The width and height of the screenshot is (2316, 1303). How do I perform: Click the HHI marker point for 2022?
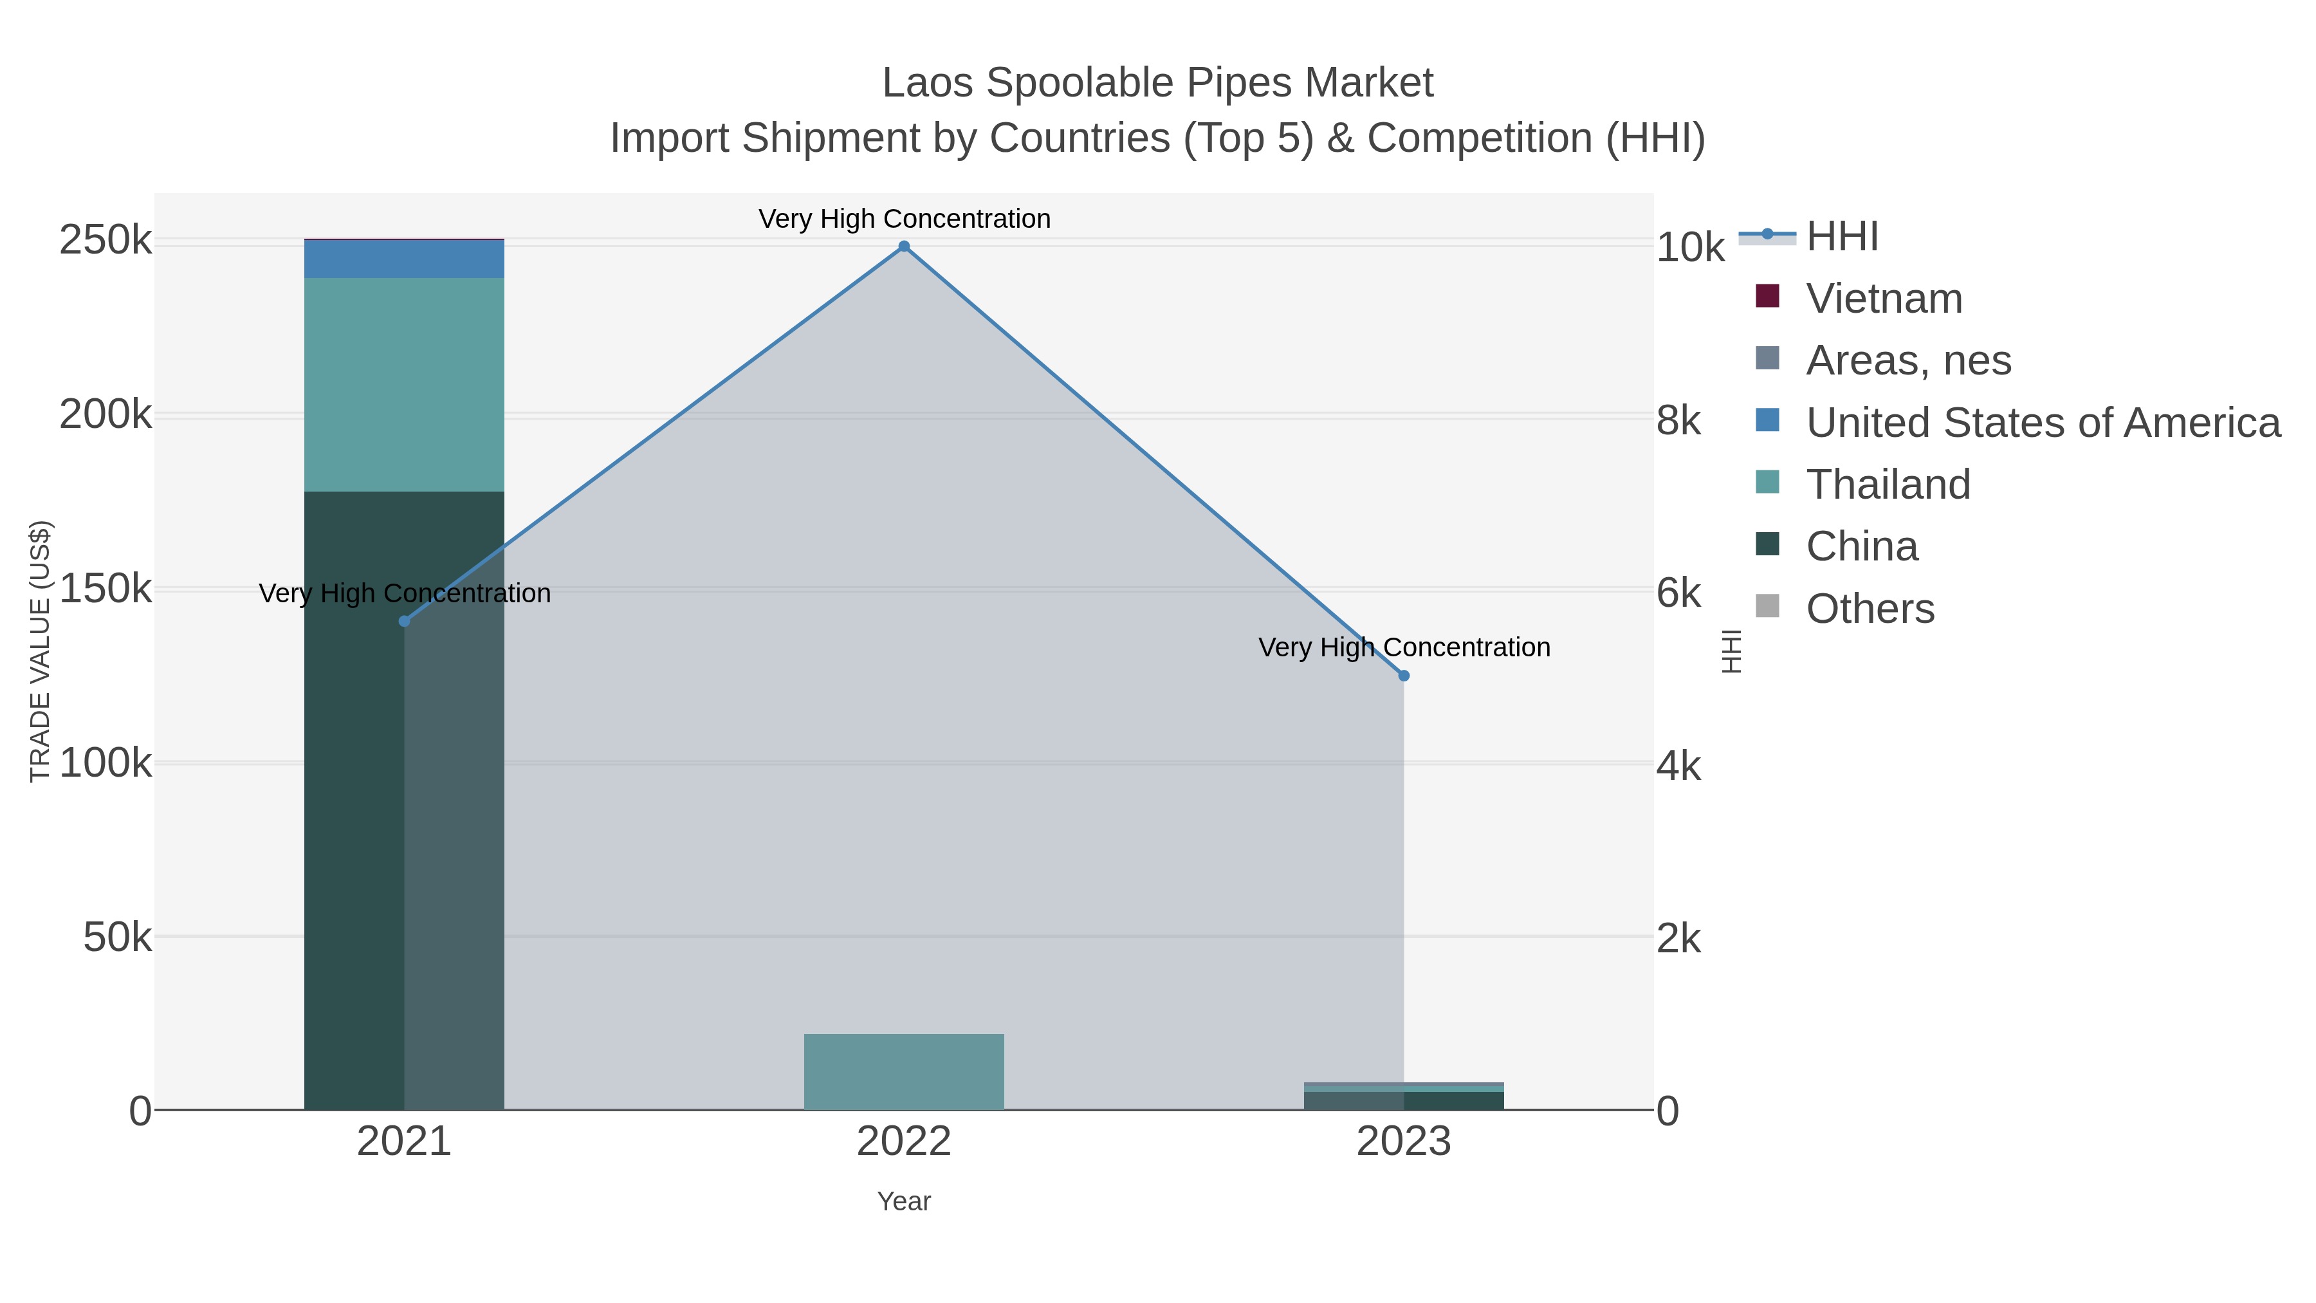click(904, 246)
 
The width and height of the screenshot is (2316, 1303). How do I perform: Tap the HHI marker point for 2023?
click(1404, 676)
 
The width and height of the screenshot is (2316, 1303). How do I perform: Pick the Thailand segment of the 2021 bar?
click(403, 384)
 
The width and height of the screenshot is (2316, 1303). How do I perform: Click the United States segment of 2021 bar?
click(403, 259)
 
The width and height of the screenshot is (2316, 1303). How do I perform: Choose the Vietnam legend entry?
click(1884, 299)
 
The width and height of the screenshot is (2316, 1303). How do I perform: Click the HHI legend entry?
click(1841, 237)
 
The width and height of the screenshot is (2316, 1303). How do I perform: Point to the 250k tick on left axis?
click(106, 241)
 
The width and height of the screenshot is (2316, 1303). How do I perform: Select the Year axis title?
click(904, 1201)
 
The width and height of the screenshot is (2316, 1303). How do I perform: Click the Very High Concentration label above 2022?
click(904, 219)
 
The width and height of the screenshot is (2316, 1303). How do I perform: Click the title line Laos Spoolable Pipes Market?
click(1157, 83)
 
